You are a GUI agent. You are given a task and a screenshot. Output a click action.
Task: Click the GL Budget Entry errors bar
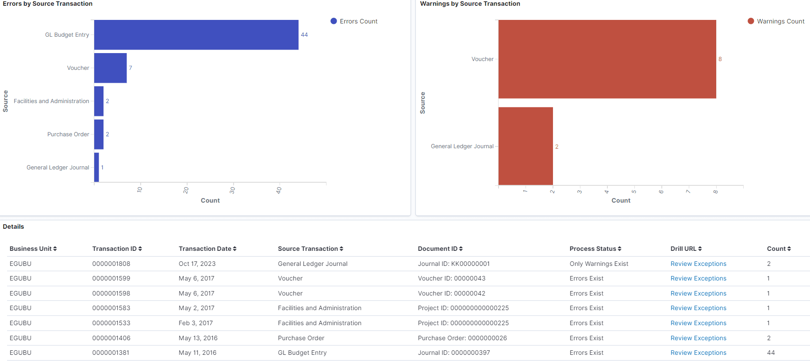[196, 35]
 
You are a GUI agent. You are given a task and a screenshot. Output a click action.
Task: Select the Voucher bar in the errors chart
[110, 68]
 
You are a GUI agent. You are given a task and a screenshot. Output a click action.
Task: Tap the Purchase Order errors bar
[99, 134]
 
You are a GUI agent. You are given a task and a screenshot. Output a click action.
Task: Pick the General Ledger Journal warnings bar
[526, 146]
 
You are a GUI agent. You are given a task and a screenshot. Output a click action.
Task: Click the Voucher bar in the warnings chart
[607, 59]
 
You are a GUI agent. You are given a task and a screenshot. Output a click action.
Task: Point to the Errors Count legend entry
[354, 21]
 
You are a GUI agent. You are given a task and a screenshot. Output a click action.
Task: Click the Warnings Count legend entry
[776, 21]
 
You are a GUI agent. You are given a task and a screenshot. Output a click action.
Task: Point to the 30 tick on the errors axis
[233, 190]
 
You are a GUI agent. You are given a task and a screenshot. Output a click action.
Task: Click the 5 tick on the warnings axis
[634, 191]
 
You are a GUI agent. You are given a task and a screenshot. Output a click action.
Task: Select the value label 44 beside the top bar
[304, 35]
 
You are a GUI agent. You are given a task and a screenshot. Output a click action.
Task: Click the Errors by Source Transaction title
[48, 4]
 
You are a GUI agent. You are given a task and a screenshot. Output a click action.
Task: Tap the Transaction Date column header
[207, 249]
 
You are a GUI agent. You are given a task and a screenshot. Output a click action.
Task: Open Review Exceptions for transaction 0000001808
[698, 264]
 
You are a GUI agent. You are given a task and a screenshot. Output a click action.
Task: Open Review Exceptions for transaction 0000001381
[698, 353]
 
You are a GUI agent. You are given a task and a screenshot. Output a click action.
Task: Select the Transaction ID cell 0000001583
[111, 308]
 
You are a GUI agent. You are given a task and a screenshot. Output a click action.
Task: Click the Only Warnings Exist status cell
[599, 264]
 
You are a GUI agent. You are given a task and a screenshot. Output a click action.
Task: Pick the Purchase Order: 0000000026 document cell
[462, 338]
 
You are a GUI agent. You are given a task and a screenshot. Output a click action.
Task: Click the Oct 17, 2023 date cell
[197, 264]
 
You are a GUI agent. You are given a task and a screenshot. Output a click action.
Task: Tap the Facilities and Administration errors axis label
[51, 101]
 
